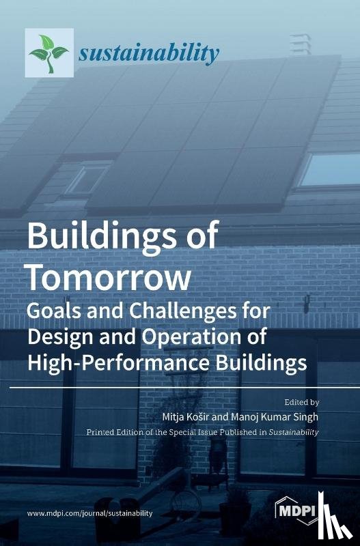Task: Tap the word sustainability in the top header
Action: click(149, 53)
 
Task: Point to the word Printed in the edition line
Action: click(100, 433)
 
